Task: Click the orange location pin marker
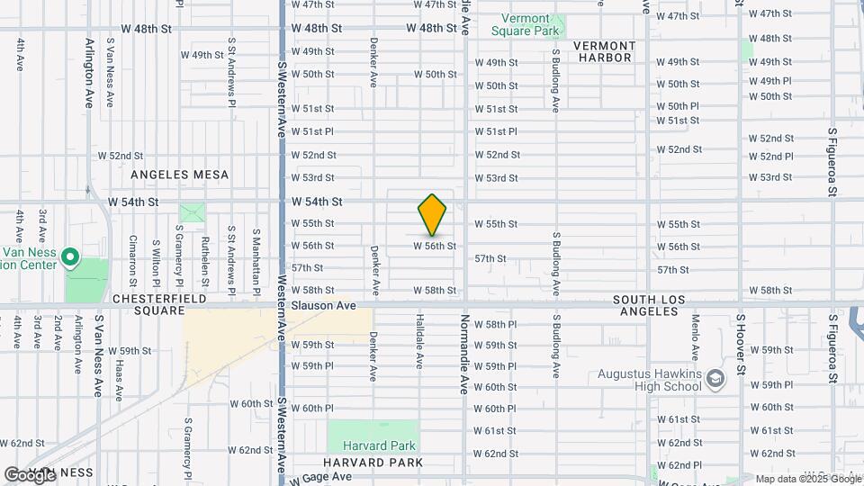(432, 215)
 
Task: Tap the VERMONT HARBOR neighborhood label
(604, 51)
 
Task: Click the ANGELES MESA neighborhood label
(180, 175)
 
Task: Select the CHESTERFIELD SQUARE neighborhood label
(158, 305)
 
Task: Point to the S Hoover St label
(742, 344)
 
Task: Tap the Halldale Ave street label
(419, 341)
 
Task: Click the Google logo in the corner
(30, 474)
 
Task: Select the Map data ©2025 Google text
(808, 479)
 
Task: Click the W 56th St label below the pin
(435, 246)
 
